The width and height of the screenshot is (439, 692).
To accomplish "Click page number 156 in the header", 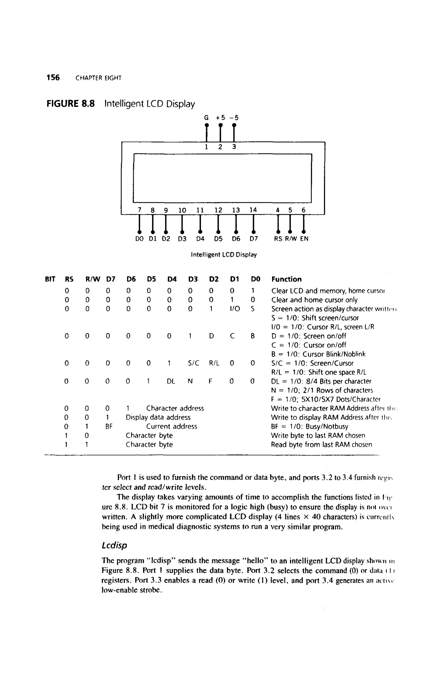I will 53,78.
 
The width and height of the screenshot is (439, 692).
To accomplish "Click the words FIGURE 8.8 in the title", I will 71,103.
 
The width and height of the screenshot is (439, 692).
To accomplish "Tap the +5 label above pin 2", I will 221,118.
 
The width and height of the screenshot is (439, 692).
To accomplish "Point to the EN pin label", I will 304,239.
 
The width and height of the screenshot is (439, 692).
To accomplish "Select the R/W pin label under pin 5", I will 291,239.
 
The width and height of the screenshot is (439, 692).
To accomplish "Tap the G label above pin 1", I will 206,118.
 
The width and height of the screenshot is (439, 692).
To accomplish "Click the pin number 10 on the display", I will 182,210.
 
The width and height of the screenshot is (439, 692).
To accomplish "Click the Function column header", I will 287,279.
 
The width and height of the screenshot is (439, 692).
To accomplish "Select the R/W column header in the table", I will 93,279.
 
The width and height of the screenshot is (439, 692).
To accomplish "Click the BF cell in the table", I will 109,427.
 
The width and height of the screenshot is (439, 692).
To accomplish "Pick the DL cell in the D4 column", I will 171,381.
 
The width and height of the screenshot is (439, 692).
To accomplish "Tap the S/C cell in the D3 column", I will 193,363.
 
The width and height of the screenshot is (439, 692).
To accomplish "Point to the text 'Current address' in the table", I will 172,427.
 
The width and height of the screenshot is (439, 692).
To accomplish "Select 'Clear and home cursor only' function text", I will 314,300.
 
